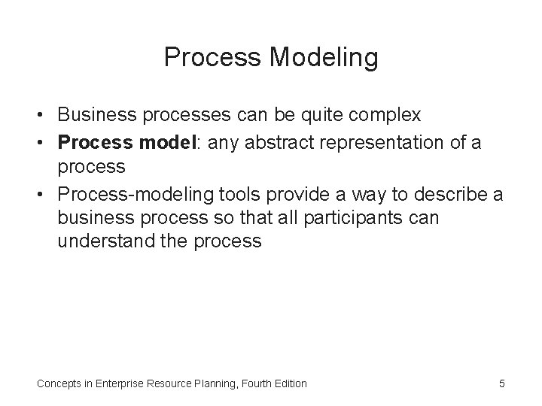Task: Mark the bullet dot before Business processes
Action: pos(42,115)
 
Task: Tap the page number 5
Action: pos(501,383)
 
